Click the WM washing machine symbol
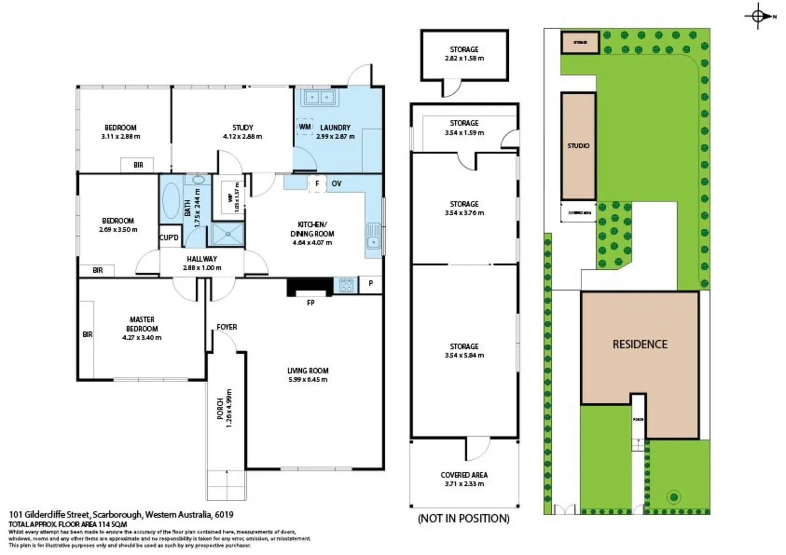point(305,127)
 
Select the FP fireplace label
point(311,303)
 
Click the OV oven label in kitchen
point(336,183)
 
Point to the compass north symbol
point(758,16)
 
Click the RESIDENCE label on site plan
point(640,344)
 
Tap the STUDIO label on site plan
point(578,146)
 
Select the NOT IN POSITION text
point(463,518)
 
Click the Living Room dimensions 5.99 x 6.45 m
point(308,380)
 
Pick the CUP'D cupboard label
point(169,238)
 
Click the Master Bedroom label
point(141,324)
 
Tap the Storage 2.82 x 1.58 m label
point(464,53)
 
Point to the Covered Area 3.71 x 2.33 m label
point(464,479)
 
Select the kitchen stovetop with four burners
point(346,285)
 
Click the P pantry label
point(370,283)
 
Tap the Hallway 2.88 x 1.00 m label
point(202,263)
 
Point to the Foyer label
point(226,327)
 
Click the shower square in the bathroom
point(227,234)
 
